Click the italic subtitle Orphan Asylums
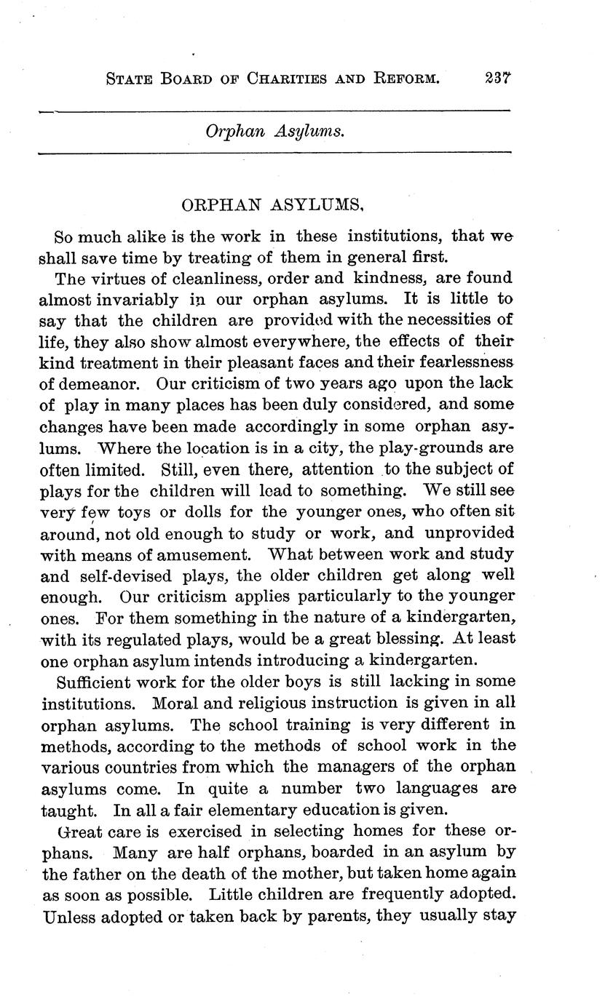tap(274, 131)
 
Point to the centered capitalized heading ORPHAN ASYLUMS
tap(272, 206)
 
